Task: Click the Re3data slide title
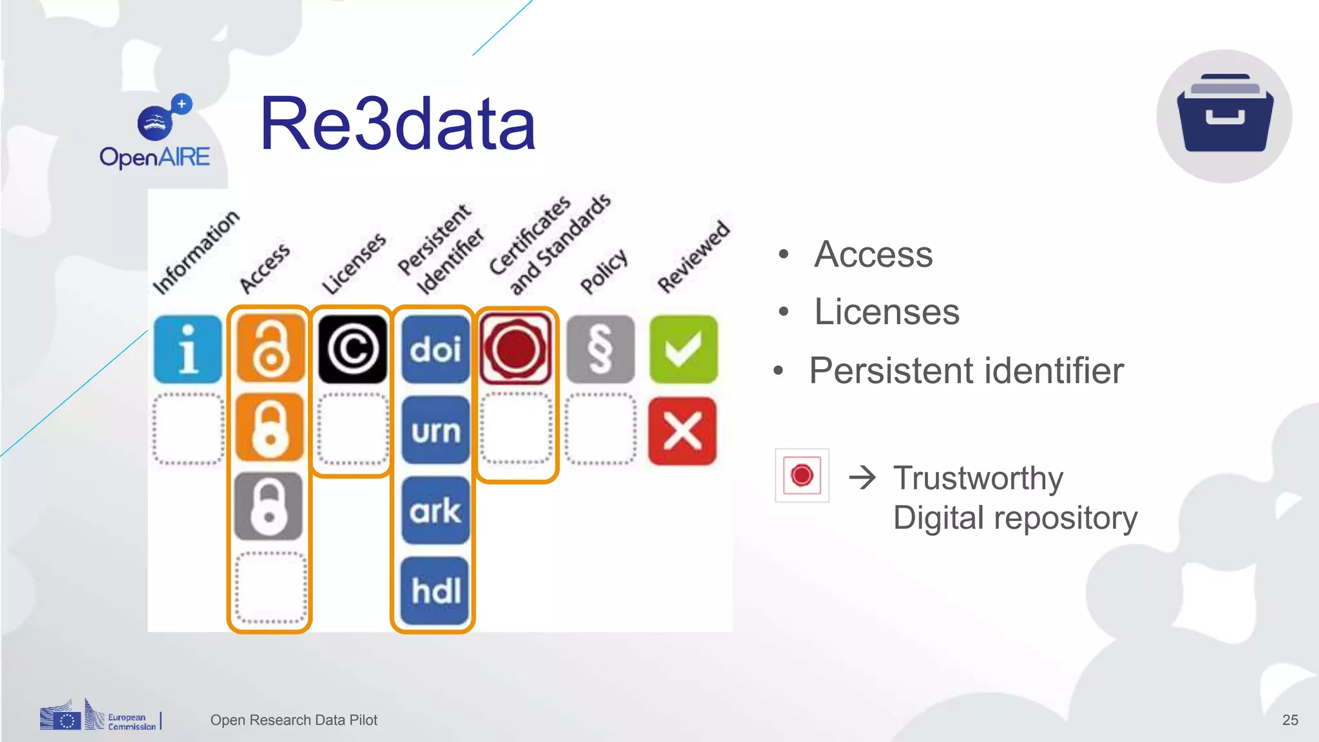click(397, 124)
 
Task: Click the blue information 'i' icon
click(187, 349)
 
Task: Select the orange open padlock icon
click(270, 349)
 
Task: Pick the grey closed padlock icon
click(269, 506)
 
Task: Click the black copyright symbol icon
click(352, 349)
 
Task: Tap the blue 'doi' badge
click(435, 349)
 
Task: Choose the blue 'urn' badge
click(435, 430)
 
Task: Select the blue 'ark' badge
click(435, 511)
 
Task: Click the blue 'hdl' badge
click(435, 591)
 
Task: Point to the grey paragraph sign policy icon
click(600, 349)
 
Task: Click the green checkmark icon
click(683, 349)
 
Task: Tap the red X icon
click(683, 430)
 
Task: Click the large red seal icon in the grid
click(516, 349)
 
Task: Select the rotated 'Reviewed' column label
click(693, 256)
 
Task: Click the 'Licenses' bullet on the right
click(886, 312)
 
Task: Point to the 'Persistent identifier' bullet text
click(966, 371)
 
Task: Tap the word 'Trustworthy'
click(978, 479)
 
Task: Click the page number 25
click(1289, 720)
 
